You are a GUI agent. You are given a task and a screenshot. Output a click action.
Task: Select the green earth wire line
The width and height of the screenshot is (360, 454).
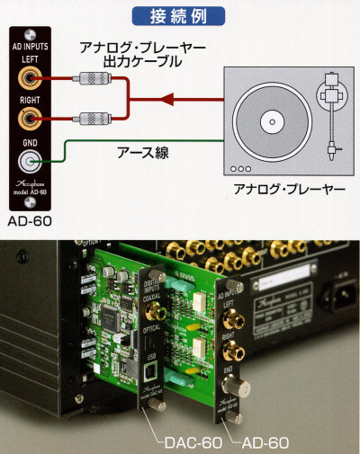point(135,139)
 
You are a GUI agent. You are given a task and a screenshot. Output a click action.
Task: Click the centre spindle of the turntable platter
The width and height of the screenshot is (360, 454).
point(267,120)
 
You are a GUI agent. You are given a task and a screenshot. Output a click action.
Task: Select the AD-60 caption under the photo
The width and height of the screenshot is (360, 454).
point(265,443)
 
